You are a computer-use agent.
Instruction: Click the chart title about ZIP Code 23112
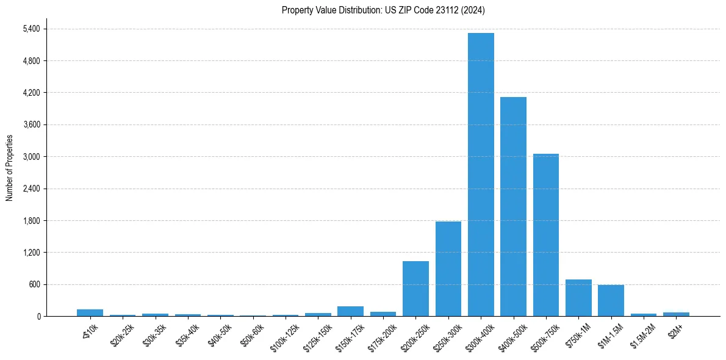point(383,10)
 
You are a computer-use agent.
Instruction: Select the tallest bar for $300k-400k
point(481,175)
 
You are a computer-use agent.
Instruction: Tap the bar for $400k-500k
point(513,206)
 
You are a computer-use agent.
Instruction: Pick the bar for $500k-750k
point(546,235)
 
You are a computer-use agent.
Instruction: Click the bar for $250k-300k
point(448,268)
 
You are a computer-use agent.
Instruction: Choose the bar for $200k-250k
point(415,289)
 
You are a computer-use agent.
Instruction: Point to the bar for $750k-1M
point(578,298)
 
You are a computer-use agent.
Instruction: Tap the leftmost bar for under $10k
point(90,312)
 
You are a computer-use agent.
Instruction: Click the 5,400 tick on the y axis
point(30,29)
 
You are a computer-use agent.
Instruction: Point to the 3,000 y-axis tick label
point(30,157)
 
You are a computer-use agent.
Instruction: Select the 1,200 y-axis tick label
point(30,253)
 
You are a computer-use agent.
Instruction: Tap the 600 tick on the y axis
point(33,284)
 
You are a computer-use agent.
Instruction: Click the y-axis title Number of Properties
point(9,167)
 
